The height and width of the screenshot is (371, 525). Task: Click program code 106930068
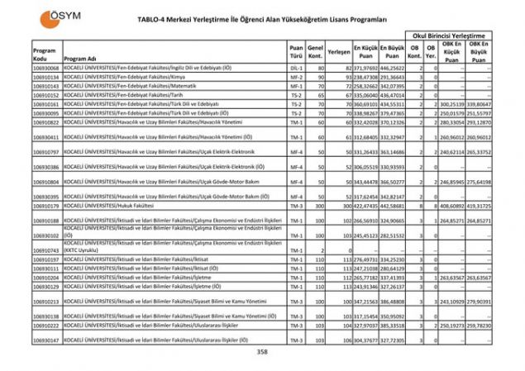[x=46, y=68]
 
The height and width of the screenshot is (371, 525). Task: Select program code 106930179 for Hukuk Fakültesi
[x=46, y=206]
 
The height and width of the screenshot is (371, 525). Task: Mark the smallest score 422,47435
[x=365, y=206]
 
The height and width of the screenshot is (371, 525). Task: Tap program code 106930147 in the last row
[x=46, y=340]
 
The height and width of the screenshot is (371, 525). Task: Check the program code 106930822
[x=46, y=122]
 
